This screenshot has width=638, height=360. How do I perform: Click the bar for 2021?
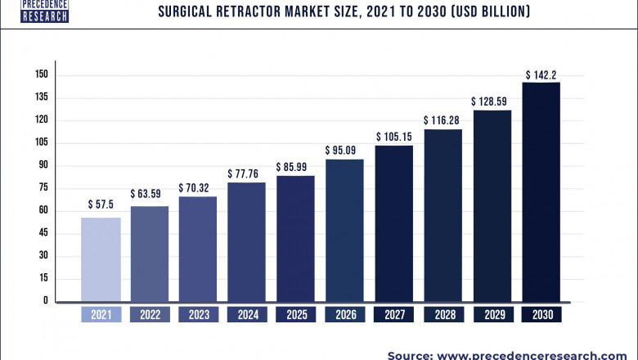click(x=101, y=259)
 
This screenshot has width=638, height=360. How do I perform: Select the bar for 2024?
click(x=247, y=242)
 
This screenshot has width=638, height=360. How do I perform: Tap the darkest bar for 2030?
click(x=541, y=192)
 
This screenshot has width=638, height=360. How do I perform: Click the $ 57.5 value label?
click(x=101, y=205)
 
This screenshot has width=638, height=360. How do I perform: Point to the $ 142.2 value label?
click(x=541, y=74)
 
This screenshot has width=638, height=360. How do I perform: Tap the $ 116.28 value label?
click(x=443, y=120)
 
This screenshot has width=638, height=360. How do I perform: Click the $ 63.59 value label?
click(x=150, y=194)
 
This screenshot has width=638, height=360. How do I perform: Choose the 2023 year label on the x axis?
click(x=198, y=314)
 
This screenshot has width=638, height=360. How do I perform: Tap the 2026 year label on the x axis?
click(x=344, y=314)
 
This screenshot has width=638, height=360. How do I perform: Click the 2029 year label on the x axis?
click(x=492, y=314)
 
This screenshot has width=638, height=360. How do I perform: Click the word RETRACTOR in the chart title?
click(x=258, y=12)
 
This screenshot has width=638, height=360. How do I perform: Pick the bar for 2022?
click(x=150, y=254)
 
